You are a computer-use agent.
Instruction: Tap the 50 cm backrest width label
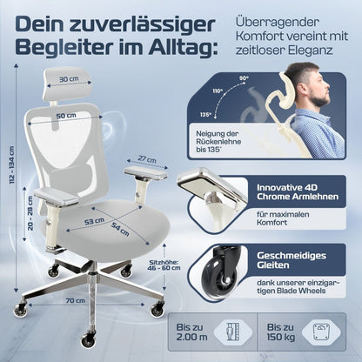pos(66,116)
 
